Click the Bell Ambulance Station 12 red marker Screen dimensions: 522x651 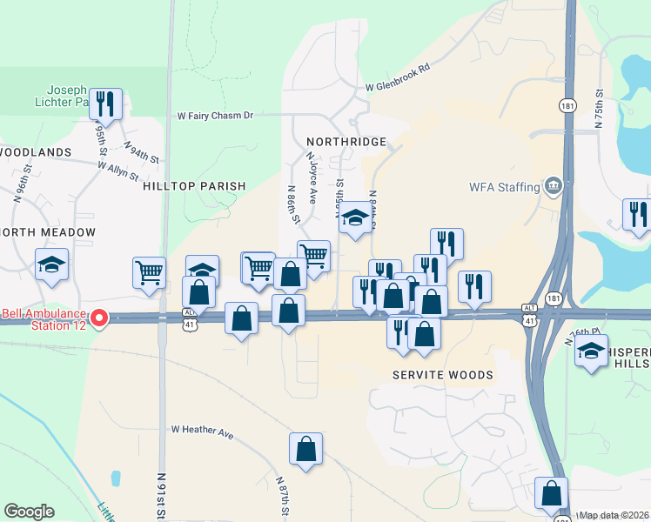pos(99,319)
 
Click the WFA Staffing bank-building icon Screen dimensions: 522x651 pos(553,186)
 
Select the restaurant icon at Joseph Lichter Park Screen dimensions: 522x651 pos(105,104)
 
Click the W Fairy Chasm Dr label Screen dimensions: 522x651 pos(215,115)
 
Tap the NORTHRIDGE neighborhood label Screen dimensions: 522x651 pos(346,142)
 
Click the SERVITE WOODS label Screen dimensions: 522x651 pos(442,375)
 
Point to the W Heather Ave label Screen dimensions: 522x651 pos(204,430)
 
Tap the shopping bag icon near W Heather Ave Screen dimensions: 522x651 pos(306,450)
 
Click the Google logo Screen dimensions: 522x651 pos(29,512)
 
